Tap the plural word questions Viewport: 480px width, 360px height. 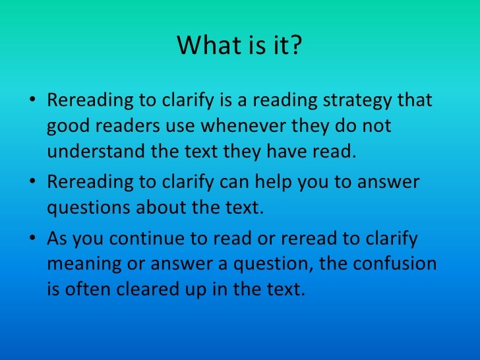click(x=88, y=207)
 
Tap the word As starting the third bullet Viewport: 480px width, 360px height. click(x=57, y=239)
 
